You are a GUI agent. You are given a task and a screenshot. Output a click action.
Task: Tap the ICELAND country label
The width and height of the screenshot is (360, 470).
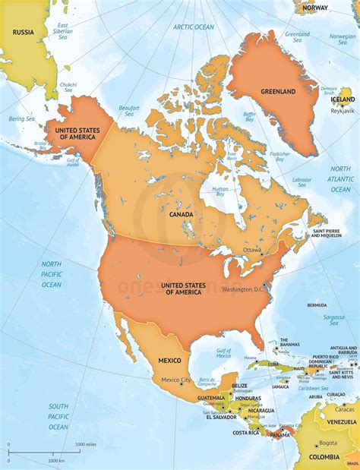(x=342, y=99)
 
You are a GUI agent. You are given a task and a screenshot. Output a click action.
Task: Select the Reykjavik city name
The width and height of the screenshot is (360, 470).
(x=343, y=111)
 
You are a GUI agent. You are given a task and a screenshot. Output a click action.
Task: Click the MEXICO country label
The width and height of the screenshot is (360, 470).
(x=170, y=359)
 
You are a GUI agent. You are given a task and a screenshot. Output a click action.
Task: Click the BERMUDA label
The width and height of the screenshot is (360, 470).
(x=317, y=305)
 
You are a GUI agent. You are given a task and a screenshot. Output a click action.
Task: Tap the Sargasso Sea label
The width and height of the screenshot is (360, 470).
(x=333, y=319)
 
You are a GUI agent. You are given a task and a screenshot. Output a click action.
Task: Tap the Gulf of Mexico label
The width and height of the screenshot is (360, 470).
(x=223, y=352)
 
